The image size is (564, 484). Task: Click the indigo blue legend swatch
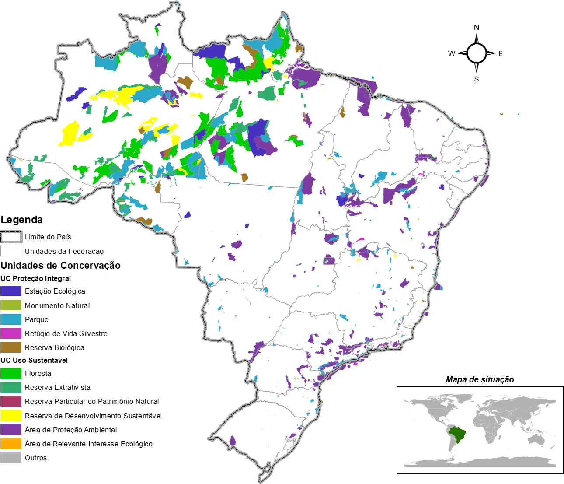(x=11, y=291)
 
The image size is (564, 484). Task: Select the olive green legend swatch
(x=11, y=305)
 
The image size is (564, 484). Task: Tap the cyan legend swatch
(x=11, y=319)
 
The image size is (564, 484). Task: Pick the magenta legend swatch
(x=11, y=333)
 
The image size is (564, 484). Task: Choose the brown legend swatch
(x=11, y=347)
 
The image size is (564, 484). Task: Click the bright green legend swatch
(x=11, y=373)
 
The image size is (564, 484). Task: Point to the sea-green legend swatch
(x=11, y=387)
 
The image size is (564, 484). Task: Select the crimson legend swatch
(x=11, y=401)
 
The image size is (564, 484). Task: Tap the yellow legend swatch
(x=11, y=415)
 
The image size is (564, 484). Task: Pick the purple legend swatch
(x=11, y=429)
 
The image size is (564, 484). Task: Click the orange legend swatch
(x=11, y=444)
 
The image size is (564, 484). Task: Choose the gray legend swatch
(x=11, y=458)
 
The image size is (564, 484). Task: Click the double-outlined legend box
(x=11, y=237)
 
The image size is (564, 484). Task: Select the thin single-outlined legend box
(x=11, y=251)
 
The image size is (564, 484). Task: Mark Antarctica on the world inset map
(x=481, y=462)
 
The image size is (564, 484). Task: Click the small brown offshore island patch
(x=501, y=114)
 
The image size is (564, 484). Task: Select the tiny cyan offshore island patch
(x=519, y=115)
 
